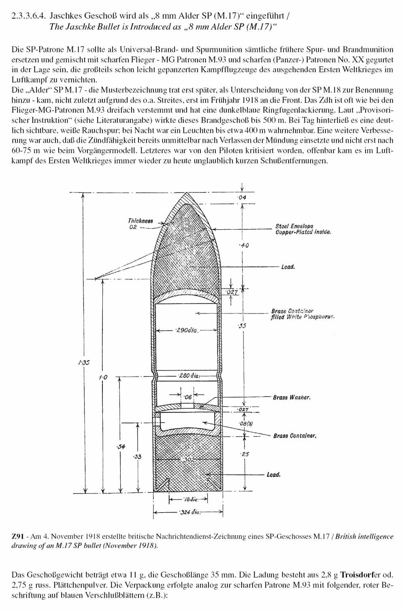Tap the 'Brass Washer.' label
click(x=291, y=397)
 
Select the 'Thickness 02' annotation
click(x=140, y=224)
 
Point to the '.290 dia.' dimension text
click(x=187, y=331)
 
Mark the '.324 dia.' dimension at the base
click(x=189, y=513)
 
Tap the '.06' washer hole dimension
click(x=188, y=397)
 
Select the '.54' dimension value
click(x=121, y=446)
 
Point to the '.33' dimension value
click(x=138, y=457)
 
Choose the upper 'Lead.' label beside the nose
click(x=288, y=267)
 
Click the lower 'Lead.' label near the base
click(x=274, y=474)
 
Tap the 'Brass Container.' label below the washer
click(x=294, y=436)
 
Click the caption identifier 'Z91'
click(x=17, y=536)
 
